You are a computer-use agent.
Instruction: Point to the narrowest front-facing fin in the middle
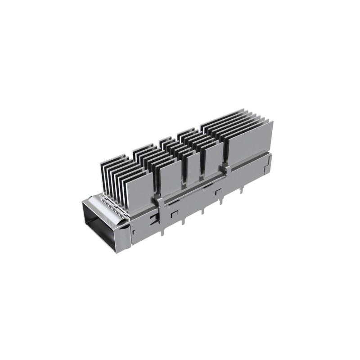click(193, 169)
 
